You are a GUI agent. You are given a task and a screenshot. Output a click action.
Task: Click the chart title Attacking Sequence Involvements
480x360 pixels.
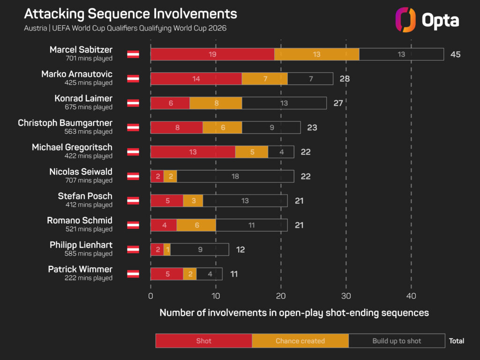[x=130, y=14]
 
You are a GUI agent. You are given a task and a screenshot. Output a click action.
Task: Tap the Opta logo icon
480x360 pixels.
[x=405, y=20]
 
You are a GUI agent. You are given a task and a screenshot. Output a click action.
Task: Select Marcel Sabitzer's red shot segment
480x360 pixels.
[x=212, y=54]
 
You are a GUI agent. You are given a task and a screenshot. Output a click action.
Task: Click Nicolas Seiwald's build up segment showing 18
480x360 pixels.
[x=235, y=176]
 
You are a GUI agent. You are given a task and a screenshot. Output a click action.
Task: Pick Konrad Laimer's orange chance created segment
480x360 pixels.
[x=216, y=103]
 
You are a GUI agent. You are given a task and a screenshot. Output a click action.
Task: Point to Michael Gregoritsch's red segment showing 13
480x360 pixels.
[x=193, y=152]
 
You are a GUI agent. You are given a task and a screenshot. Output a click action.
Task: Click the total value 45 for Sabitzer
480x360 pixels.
[x=455, y=54]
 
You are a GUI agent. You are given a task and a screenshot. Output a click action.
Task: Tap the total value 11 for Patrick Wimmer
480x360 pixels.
[x=234, y=274]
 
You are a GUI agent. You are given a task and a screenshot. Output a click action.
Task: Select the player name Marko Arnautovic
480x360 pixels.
[x=77, y=74]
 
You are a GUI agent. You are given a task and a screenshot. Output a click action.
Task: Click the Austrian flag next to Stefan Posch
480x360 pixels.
[x=133, y=201]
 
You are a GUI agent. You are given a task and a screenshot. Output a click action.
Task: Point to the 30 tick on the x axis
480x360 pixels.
[x=346, y=296]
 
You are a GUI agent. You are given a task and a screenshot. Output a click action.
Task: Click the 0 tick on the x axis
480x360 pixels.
[x=150, y=296]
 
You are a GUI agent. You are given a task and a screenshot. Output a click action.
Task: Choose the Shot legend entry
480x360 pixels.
[x=203, y=341]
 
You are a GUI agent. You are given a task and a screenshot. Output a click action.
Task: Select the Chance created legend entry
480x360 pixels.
[x=300, y=341]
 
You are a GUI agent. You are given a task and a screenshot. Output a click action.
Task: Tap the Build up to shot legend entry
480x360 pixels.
[x=397, y=341]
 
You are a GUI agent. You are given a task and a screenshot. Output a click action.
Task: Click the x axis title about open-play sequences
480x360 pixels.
[x=294, y=313]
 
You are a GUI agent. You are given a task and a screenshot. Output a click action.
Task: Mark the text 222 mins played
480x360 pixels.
[x=89, y=278]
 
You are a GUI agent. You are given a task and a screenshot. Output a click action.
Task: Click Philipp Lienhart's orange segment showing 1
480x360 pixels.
[x=167, y=249]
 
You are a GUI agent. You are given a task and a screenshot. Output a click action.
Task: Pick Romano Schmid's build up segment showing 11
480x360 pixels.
[x=251, y=225]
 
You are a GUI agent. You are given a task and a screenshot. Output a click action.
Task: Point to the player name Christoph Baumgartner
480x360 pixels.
[x=65, y=123]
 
